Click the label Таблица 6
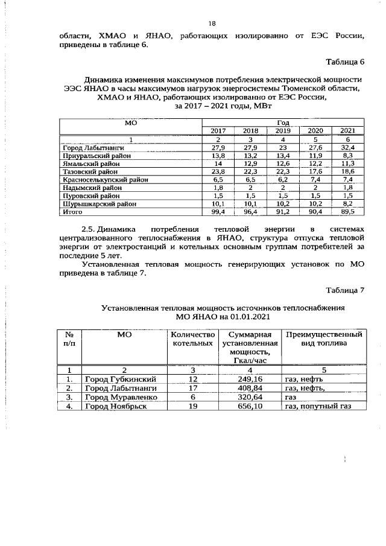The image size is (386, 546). click(x=346, y=62)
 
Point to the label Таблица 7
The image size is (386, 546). click(x=346, y=292)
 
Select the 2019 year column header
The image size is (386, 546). click(x=282, y=131)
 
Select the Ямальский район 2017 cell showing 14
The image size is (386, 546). click(x=218, y=163)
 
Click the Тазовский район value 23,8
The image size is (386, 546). click(x=218, y=172)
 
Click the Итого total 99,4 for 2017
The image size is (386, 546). click(x=218, y=212)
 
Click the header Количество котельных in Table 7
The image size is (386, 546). click(x=193, y=339)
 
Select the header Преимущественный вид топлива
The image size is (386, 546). click(x=323, y=339)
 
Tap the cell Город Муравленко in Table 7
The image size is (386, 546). click(x=121, y=398)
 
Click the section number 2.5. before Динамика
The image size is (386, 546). click(x=89, y=230)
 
